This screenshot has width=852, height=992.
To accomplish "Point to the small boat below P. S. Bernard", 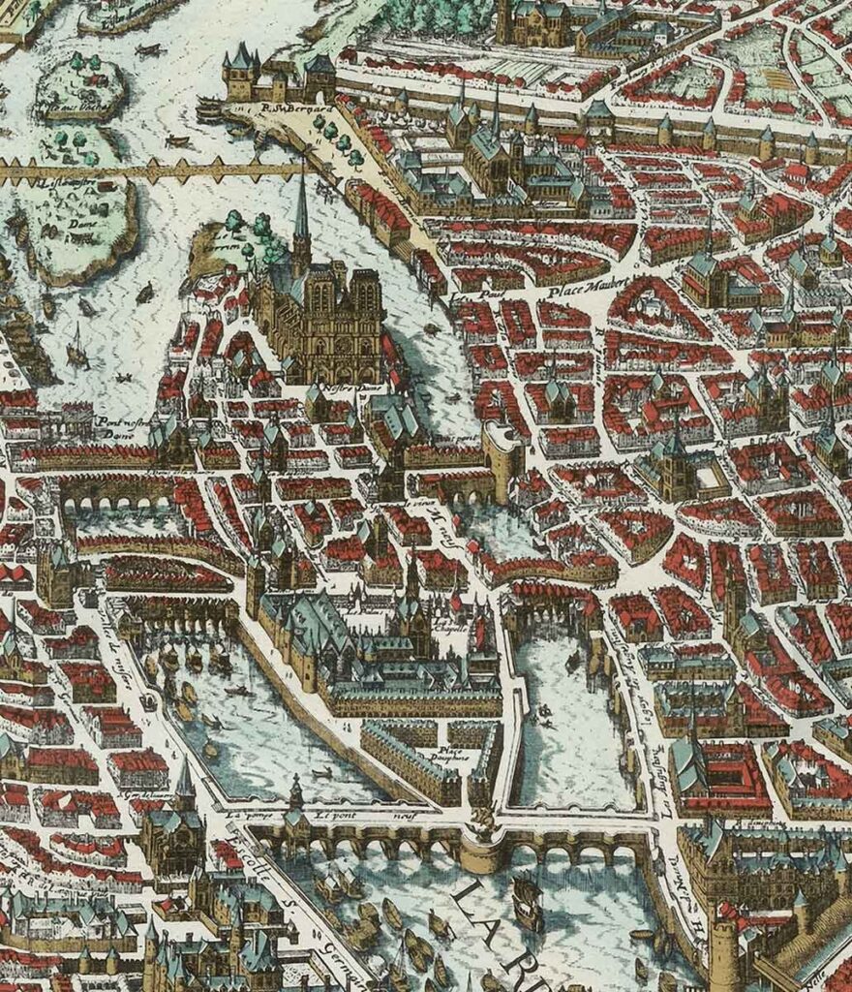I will point(178,141).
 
